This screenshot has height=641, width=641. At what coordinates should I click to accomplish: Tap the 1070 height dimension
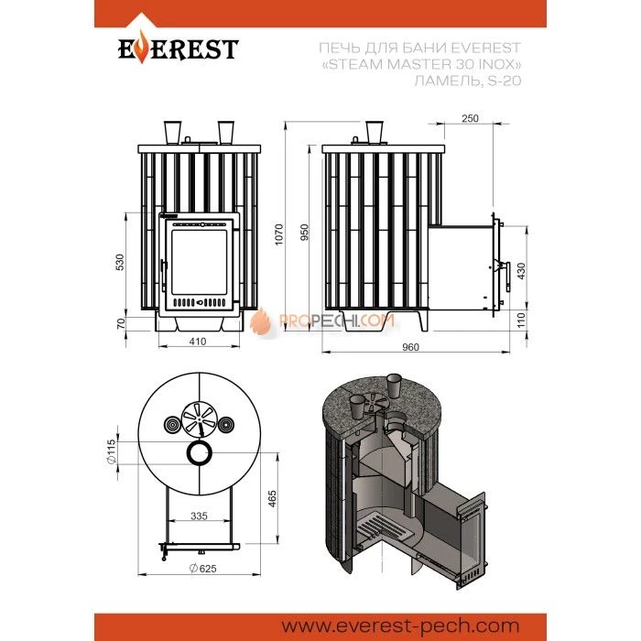point(279,234)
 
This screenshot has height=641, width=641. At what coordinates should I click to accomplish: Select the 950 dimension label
point(305,233)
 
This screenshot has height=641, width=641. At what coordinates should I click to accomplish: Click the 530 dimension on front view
point(120,263)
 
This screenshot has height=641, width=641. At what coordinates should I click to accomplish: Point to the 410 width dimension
point(198,341)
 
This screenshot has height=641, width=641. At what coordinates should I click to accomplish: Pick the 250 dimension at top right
point(470,118)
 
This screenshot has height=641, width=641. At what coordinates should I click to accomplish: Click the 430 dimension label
point(521,271)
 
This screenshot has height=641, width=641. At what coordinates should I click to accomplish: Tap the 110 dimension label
point(521,320)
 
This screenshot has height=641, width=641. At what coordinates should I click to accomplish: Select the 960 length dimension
point(410,347)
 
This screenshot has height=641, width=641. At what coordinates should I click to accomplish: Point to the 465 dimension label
point(272,499)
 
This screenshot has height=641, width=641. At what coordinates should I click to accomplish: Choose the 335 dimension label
point(199,516)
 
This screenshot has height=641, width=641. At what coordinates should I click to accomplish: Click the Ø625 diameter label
point(202,569)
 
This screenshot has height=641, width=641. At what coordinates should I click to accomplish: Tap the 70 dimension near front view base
point(121,324)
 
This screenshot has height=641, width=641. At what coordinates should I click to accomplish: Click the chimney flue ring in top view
point(199,445)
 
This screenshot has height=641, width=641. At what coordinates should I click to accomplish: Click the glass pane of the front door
point(199,262)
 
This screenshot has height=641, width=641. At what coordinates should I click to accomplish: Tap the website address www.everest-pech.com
point(401,625)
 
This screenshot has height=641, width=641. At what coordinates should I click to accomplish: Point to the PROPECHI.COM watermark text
point(338,321)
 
